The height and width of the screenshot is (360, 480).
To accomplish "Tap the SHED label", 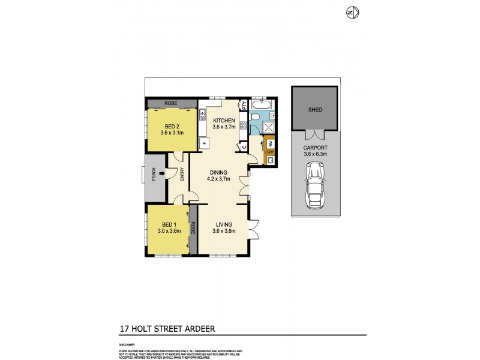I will tap(314, 110).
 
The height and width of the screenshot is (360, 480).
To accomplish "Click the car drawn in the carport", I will tap(314, 187).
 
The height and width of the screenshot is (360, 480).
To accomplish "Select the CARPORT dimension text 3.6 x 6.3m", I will tap(314, 154).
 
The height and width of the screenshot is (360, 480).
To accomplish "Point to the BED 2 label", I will tap(173, 125).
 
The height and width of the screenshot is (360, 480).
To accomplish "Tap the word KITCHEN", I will tap(224, 120).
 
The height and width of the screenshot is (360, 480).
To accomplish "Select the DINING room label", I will tap(218, 172).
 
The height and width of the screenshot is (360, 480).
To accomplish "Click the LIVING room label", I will tap(224, 224).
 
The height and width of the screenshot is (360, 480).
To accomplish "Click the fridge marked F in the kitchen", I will tap(204, 143).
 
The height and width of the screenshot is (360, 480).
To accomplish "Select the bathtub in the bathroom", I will tap(262, 104).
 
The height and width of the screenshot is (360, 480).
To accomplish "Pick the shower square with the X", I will tap(266, 127).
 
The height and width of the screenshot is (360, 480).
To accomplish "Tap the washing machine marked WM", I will tap(270, 144).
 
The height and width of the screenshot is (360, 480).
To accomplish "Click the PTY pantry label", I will tap(244, 104).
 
